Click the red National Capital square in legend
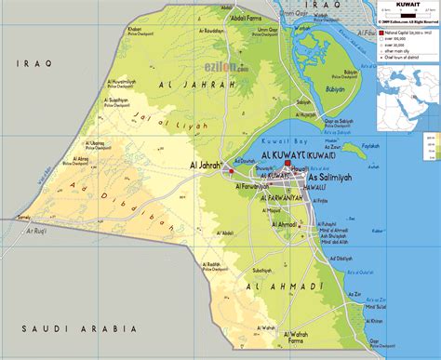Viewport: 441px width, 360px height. click(379, 33)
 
